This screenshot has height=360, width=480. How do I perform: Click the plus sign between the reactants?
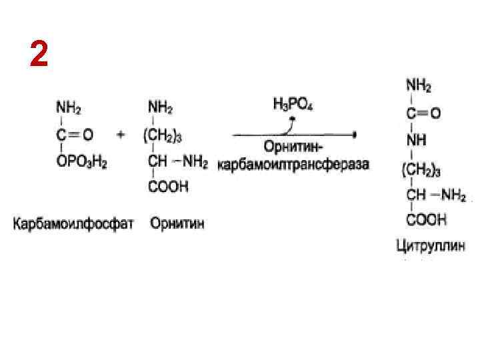[x=121, y=134]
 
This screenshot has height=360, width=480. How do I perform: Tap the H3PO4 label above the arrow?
[x=293, y=105]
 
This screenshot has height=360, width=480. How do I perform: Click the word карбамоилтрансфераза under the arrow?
[x=293, y=164]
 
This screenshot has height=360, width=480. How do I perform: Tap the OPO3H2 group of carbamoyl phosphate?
[x=82, y=161]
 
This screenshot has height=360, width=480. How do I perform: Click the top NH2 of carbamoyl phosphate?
[x=69, y=107]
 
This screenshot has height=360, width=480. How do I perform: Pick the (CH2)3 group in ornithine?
[x=163, y=134]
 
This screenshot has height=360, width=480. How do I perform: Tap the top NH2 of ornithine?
[x=159, y=107]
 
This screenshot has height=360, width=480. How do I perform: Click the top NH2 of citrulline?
[x=419, y=86]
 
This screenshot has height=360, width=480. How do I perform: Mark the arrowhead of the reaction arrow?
[x=355, y=134]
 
